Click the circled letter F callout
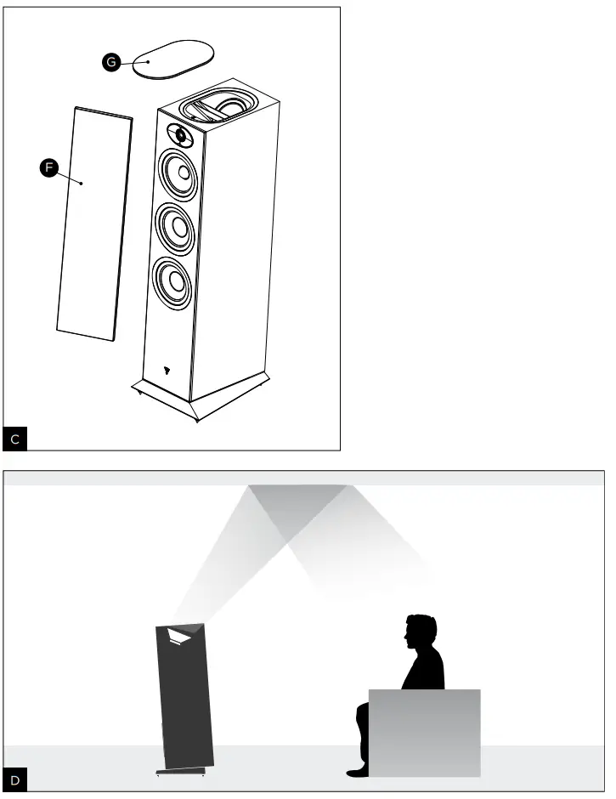(49, 169)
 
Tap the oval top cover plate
(172, 58)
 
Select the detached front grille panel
(93, 223)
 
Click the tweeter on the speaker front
(180, 133)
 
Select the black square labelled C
(16, 439)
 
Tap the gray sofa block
(425, 731)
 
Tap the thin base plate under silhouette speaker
(181, 772)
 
